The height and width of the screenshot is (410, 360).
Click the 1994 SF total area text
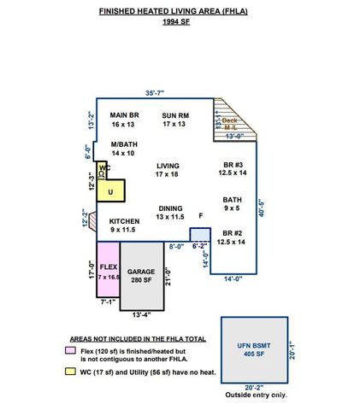(x=179, y=22)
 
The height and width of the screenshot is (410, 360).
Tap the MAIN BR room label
(x=124, y=119)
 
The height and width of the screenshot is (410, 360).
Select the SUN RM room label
(x=174, y=119)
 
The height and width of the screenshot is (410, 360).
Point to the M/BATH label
(x=122, y=149)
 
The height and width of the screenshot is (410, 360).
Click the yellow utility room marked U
(x=111, y=190)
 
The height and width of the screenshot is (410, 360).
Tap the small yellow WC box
(x=101, y=171)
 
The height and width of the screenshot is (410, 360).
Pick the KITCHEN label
(x=123, y=225)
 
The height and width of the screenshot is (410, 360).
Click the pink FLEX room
(x=108, y=269)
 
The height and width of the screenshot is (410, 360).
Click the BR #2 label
(x=232, y=237)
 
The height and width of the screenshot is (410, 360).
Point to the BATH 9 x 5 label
(x=232, y=203)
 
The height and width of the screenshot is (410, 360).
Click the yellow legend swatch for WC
(x=69, y=372)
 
